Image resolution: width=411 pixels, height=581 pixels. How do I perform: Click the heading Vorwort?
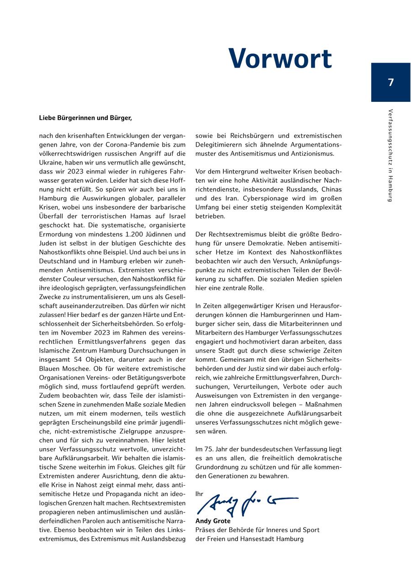tap(280, 59)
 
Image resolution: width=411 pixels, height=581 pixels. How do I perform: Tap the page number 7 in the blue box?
tap(390, 83)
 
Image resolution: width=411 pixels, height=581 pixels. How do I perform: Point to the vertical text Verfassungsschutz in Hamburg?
tap(390, 155)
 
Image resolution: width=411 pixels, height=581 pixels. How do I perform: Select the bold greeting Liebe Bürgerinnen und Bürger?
tap(85, 118)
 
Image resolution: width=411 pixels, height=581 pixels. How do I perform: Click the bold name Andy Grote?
tap(213, 521)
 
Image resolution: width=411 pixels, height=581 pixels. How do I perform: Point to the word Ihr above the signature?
tap(199, 494)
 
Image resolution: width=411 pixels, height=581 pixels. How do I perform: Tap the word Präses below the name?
tap(205, 530)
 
